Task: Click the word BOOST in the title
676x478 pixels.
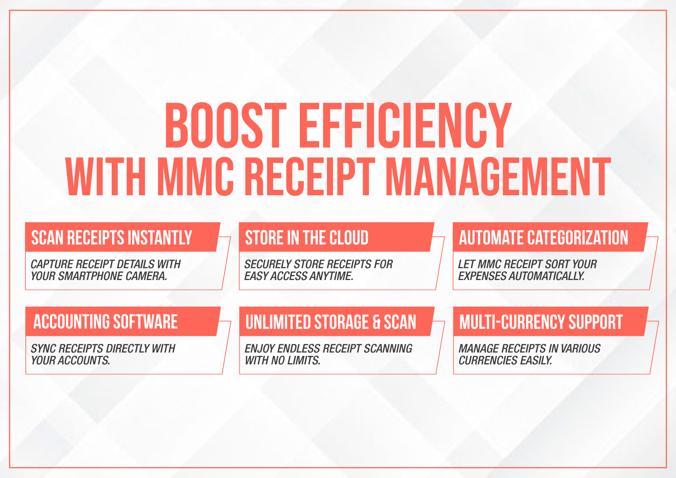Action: click(x=225, y=126)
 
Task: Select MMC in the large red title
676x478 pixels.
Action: click(x=195, y=177)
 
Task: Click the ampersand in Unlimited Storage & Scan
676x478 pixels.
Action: click(x=377, y=322)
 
